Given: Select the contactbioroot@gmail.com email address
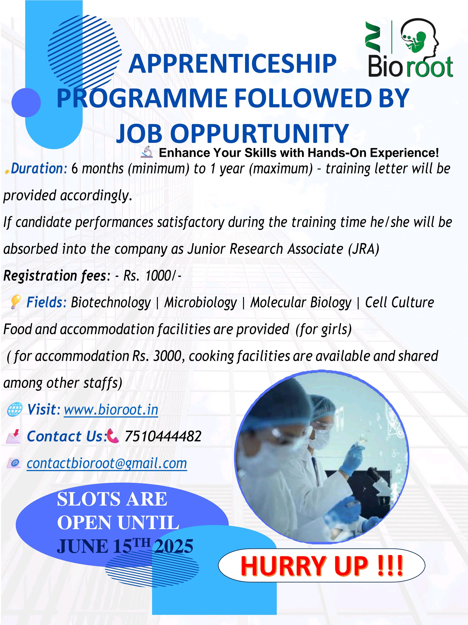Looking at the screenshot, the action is pos(107,463).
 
